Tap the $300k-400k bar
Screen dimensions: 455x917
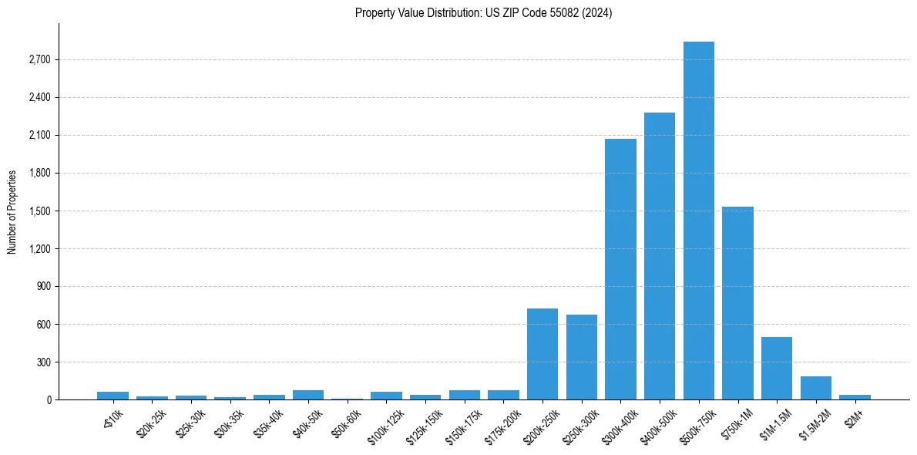(x=620, y=269)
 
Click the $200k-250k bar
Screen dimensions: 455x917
(x=542, y=354)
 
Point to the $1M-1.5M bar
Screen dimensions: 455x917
(x=777, y=369)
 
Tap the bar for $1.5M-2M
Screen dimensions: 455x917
(x=816, y=388)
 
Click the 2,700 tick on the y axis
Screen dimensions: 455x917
(x=39, y=60)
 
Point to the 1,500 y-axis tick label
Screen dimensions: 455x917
(x=39, y=211)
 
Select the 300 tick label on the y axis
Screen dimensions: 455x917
(x=43, y=362)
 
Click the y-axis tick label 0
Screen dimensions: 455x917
(x=48, y=400)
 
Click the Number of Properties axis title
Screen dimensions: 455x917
(x=12, y=212)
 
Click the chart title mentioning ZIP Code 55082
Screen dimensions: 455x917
(x=483, y=13)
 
